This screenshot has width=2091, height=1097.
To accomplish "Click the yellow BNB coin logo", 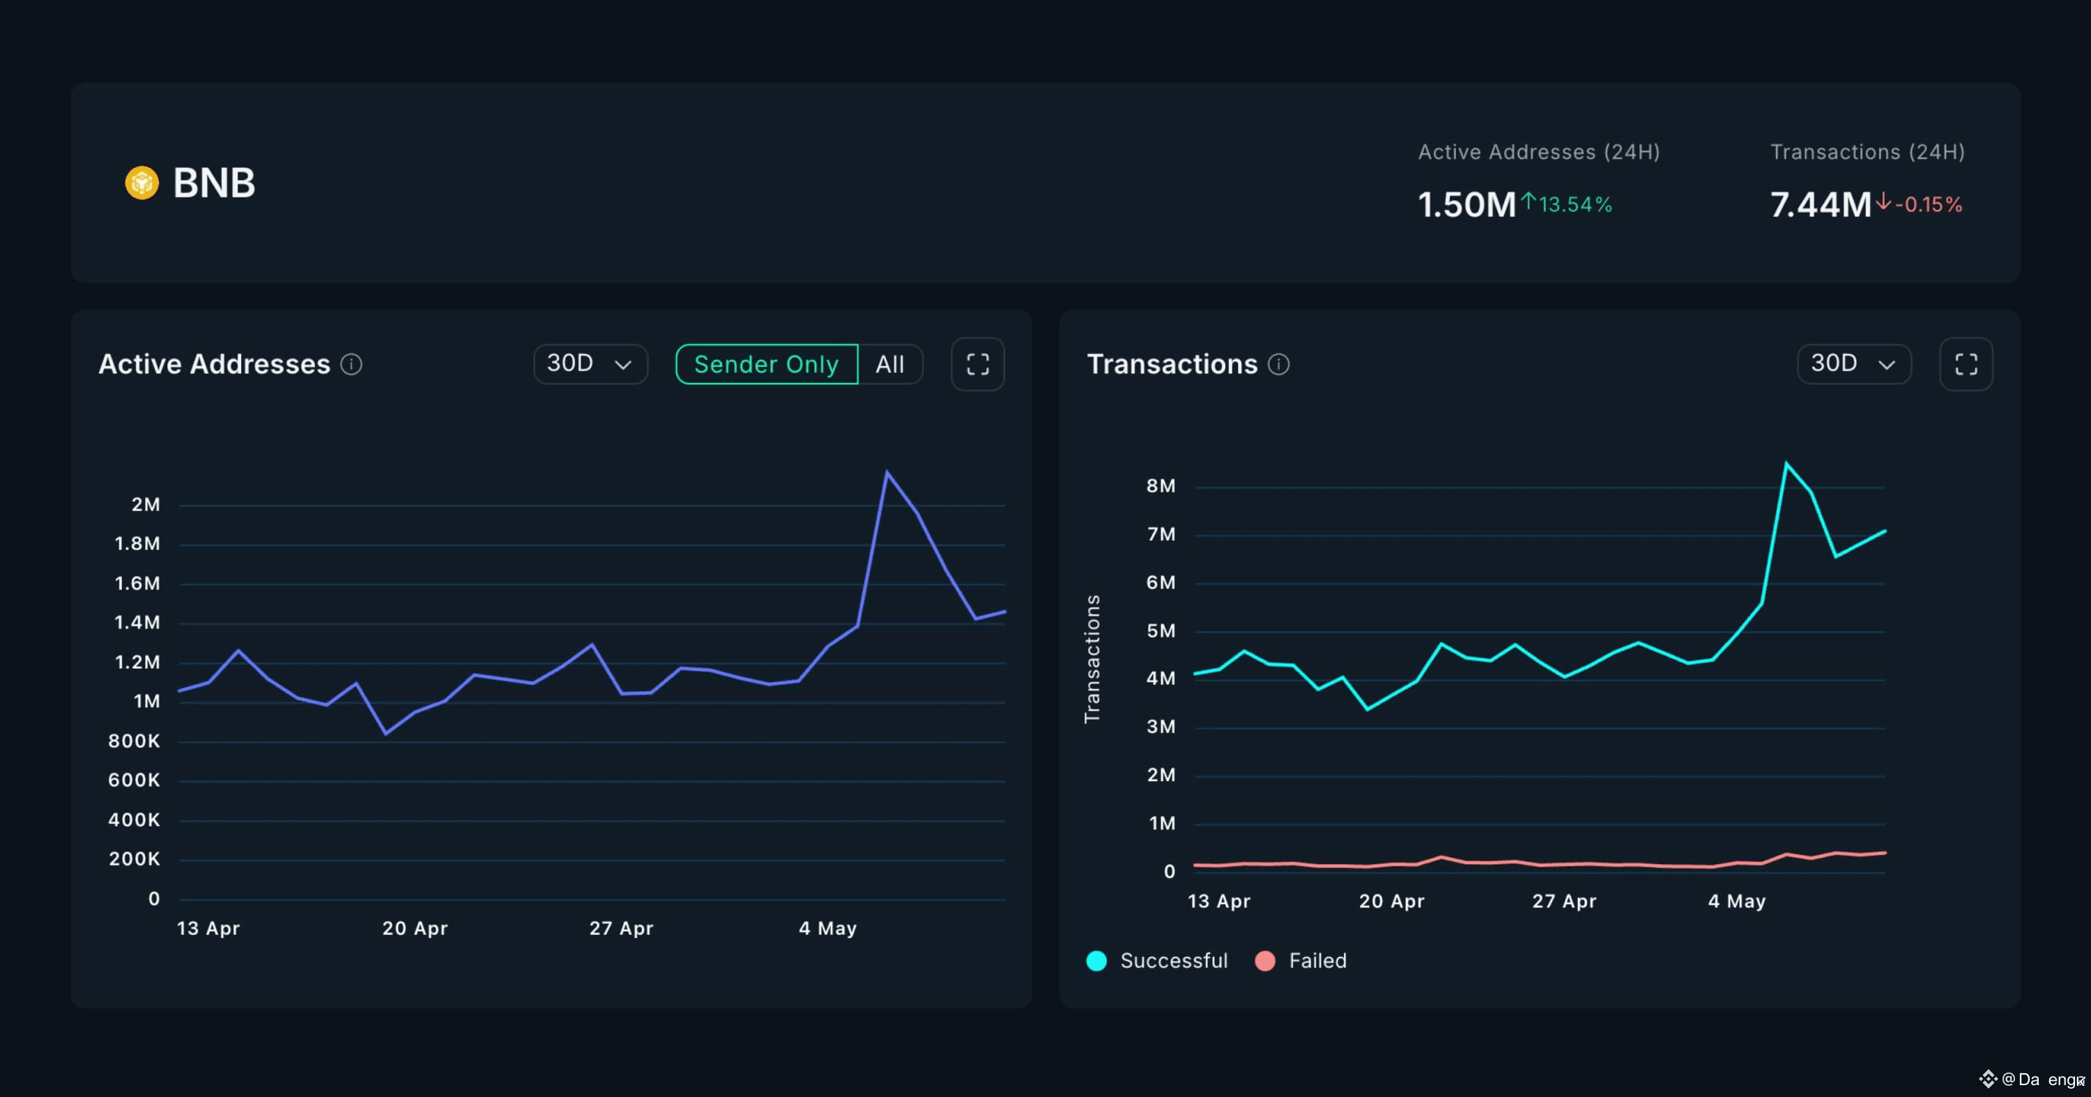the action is pos(142,183).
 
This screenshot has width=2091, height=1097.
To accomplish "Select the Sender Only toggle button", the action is pos(766,364).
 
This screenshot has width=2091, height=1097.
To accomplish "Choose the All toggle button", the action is pos(889,364).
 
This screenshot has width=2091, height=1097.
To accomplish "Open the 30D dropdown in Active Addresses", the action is pos(590,364).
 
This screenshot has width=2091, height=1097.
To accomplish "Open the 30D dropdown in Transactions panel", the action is pos(1854,364).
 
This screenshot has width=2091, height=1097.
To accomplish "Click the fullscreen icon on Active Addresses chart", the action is pos(977,364).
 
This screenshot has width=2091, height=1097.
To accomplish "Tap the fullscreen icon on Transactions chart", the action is pos(1966,364).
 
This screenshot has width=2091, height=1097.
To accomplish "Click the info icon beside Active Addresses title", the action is pos(351,365).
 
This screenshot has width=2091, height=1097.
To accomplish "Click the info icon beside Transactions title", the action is pos(1278,365).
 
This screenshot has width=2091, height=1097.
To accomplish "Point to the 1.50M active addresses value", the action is pos(1466,204).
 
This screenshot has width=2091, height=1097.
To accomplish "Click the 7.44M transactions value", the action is pos(1821,204).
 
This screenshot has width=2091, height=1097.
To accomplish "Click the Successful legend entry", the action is pos(1157,960).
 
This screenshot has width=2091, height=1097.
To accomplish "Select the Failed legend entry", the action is pos(1301,960).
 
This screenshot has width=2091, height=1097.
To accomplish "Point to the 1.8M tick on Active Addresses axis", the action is pos(137,543).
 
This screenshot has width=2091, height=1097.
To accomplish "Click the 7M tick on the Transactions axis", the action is pos(1161,534).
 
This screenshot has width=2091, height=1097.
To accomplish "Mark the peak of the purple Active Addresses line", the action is pos(887,471).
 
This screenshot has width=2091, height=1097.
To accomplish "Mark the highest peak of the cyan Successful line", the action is pos(1786,463).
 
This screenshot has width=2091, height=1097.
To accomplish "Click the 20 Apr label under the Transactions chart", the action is pos(1391,901).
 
